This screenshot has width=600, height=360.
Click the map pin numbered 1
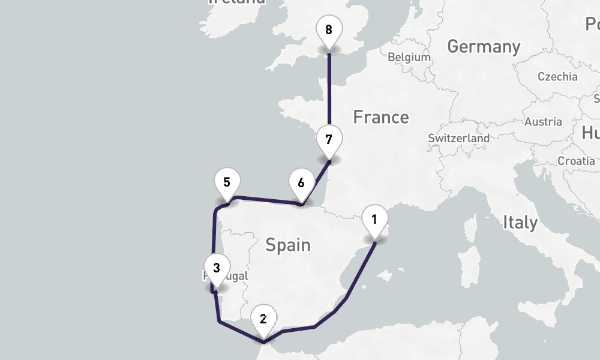click(374, 220)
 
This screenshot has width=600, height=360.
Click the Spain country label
click(288, 244)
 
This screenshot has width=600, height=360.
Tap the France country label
click(380, 117)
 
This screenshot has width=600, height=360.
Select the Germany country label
click(484, 46)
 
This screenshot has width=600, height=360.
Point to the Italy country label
click(520, 223)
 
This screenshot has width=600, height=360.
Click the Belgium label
click(409, 58)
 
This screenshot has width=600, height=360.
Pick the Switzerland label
click(458, 138)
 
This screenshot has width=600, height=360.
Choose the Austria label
click(543, 122)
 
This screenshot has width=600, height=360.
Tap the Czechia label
click(557, 77)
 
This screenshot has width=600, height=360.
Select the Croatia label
click(576, 161)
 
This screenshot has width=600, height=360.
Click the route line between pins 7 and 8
click(329, 90)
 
